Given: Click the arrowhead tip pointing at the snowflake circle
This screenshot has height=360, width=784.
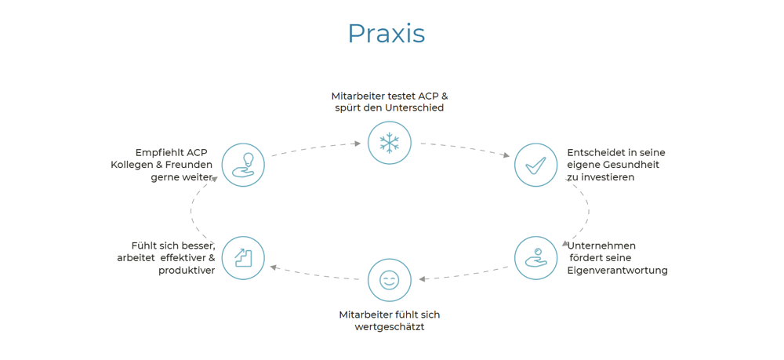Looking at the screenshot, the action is click(x=361, y=144).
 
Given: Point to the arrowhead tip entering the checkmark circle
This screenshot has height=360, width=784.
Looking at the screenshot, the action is click(x=510, y=157).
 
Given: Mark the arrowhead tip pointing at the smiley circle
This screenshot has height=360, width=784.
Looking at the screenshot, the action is click(x=419, y=279).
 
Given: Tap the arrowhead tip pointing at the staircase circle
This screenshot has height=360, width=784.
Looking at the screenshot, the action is click(x=270, y=267).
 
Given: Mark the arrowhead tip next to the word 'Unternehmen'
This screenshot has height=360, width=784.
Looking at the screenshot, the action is click(x=563, y=247).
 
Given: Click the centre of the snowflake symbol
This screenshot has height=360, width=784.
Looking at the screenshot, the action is click(x=389, y=144).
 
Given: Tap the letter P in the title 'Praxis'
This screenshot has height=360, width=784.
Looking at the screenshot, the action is click(x=358, y=34).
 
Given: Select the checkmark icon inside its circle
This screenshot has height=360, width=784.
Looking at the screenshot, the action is click(x=536, y=165).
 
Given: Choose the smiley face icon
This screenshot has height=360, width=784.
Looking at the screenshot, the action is click(x=389, y=280).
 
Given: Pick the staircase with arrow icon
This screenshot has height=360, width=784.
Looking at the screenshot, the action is click(x=243, y=257).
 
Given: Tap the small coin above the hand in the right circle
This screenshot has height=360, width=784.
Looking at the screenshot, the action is click(x=538, y=251).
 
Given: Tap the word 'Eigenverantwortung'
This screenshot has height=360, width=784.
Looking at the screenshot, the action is click(x=618, y=271).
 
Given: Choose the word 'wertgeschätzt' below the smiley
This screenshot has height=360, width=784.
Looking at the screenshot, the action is click(x=389, y=328).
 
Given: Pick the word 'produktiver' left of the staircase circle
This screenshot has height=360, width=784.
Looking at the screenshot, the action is click(x=187, y=271).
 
